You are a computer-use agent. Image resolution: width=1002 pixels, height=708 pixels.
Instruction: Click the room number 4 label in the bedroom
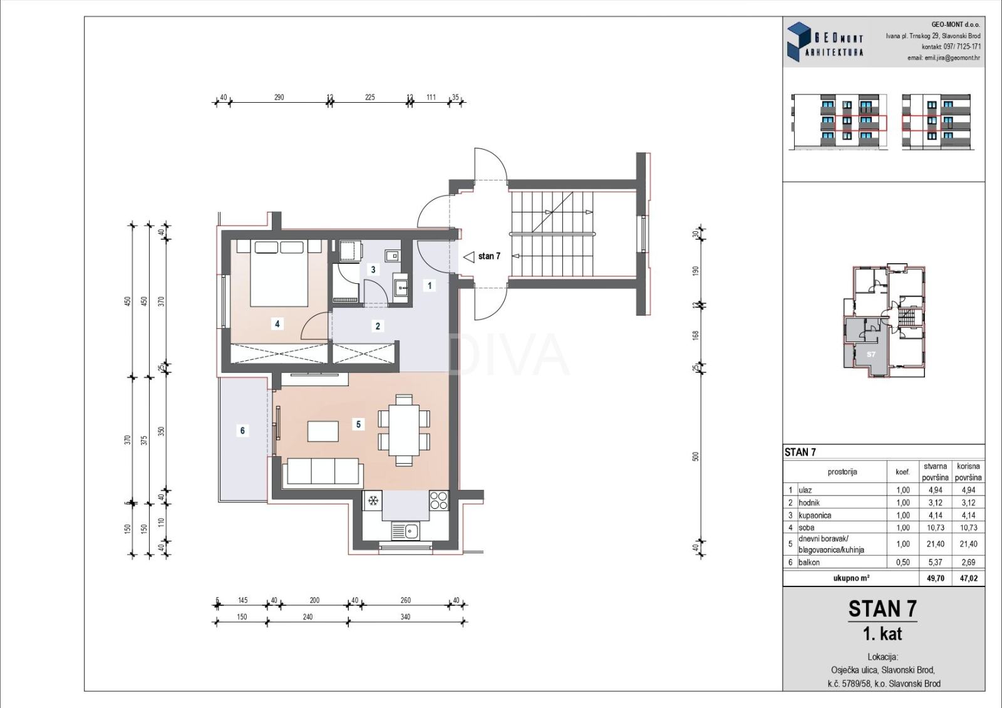277,323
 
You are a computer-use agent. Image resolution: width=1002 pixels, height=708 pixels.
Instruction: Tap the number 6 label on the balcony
242,430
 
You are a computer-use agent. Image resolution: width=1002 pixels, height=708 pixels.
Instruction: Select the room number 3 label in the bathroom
373,269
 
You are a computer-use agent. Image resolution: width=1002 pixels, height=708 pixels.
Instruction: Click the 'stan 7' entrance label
489,256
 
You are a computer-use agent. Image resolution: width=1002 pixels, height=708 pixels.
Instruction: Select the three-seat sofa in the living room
323,471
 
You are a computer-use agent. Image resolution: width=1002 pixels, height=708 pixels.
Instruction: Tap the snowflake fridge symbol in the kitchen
373,501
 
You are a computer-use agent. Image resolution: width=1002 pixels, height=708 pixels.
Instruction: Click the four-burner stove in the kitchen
439,501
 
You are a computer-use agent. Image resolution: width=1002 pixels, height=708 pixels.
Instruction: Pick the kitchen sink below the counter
405,532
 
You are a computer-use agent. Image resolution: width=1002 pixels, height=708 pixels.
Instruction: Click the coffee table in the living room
323,431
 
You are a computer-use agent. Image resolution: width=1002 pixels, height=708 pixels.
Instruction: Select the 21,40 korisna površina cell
968,544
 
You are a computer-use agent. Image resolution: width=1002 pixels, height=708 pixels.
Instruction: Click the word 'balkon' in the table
809,562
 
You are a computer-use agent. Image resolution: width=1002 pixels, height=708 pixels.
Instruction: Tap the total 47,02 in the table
968,578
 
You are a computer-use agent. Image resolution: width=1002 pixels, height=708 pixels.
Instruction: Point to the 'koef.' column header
902,472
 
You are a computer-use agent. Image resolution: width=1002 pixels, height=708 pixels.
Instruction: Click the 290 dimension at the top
279,97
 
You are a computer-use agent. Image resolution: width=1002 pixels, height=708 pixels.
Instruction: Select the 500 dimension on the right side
695,457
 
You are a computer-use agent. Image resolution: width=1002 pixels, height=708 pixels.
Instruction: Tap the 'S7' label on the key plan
871,355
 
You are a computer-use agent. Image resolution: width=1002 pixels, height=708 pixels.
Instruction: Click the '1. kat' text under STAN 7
882,633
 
